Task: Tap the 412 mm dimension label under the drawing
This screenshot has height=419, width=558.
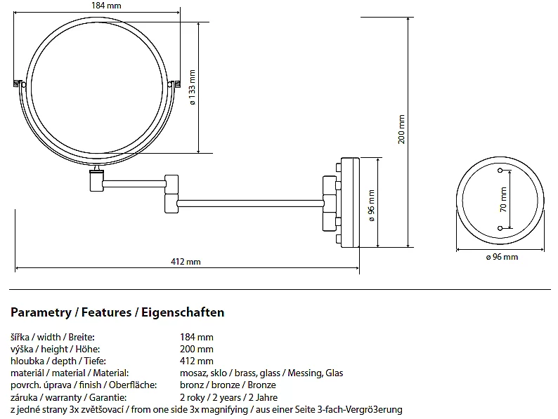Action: pos(186,262)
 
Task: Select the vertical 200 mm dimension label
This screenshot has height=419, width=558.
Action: pos(401,129)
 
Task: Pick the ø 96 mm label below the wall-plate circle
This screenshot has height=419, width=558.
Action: pos(502,258)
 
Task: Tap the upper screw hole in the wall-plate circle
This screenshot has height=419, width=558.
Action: pos(500,171)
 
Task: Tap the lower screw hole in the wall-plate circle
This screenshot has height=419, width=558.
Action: pos(500,227)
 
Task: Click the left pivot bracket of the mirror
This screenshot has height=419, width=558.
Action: pos(19,84)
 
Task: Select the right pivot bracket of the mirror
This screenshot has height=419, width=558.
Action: pos(176,84)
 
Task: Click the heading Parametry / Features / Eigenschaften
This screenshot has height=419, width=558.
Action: pos(117,312)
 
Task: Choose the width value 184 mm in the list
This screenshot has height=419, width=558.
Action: pos(196,338)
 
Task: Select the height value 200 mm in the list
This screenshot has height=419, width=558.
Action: pos(196,349)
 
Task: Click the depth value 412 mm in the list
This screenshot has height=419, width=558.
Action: pos(196,361)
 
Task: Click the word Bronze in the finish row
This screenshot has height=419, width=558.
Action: pos(261,385)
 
